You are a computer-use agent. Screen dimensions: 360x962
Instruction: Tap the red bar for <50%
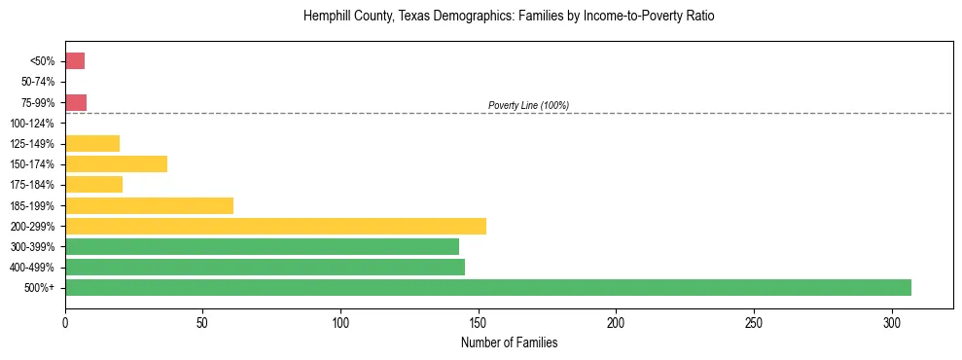click(x=75, y=61)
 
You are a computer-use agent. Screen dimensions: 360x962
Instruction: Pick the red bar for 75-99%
click(x=76, y=102)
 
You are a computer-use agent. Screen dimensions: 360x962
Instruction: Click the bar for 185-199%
click(x=149, y=205)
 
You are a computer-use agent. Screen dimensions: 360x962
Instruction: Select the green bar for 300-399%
click(x=262, y=246)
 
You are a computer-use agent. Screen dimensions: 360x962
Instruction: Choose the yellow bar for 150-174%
click(x=116, y=163)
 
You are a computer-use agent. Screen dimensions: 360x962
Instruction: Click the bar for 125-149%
click(x=92, y=143)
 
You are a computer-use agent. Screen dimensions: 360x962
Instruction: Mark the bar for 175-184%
click(x=93, y=185)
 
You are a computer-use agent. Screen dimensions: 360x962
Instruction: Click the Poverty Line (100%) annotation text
click(x=528, y=105)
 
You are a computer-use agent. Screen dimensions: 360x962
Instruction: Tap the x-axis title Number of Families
click(x=509, y=343)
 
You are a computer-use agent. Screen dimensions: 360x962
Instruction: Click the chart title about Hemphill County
click(x=509, y=17)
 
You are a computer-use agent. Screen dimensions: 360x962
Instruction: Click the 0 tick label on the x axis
click(x=65, y=322)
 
